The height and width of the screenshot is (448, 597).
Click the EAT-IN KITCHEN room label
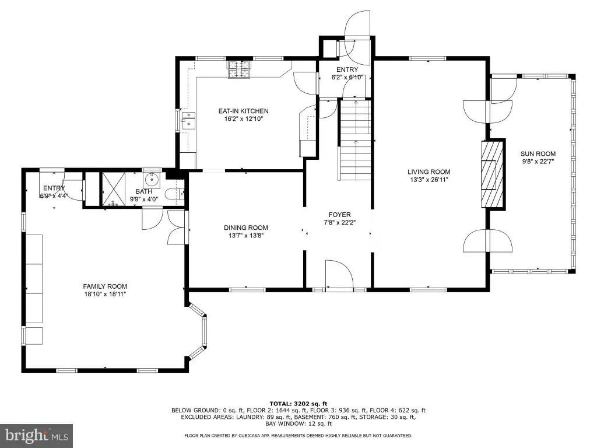tap(243, 111)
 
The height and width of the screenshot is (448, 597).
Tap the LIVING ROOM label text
tap(429, 172)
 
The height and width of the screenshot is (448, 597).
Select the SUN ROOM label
tap(538, 154)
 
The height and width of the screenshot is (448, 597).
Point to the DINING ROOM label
tap(245, 228)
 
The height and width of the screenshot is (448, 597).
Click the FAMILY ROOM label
tap(105, 286)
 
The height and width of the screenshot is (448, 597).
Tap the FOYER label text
tap(340, 215)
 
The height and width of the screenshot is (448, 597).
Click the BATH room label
tap(143, 191)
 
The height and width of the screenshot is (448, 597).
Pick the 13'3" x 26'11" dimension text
tap(429, 180)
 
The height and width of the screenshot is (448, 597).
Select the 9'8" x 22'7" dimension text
tap(538, 161)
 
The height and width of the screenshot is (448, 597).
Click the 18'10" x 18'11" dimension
tap(105, 294)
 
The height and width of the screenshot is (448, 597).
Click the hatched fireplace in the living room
tap(492, 174)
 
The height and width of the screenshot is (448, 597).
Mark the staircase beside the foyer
tap(355, 140)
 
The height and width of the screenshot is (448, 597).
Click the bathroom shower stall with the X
tap(113, 189)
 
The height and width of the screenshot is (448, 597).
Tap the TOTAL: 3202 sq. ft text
tap(298, 404)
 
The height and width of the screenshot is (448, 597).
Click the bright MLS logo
tap(36, 436)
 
